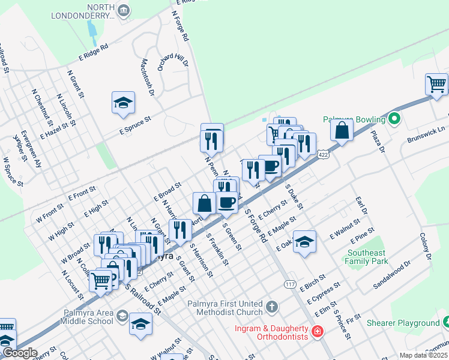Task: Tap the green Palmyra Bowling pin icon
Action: pos(394,119)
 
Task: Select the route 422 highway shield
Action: pos(324,155)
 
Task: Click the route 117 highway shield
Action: pos(291,284)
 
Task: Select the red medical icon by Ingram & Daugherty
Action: pos(316,331)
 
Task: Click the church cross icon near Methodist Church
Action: pos(272,307)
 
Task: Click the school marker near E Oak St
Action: pos(305,242)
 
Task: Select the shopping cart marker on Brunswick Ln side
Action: pos(436,84)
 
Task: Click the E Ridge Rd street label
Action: pos(93,52)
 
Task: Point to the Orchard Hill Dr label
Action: pos(173,59)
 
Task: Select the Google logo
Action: pos(20,353)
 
